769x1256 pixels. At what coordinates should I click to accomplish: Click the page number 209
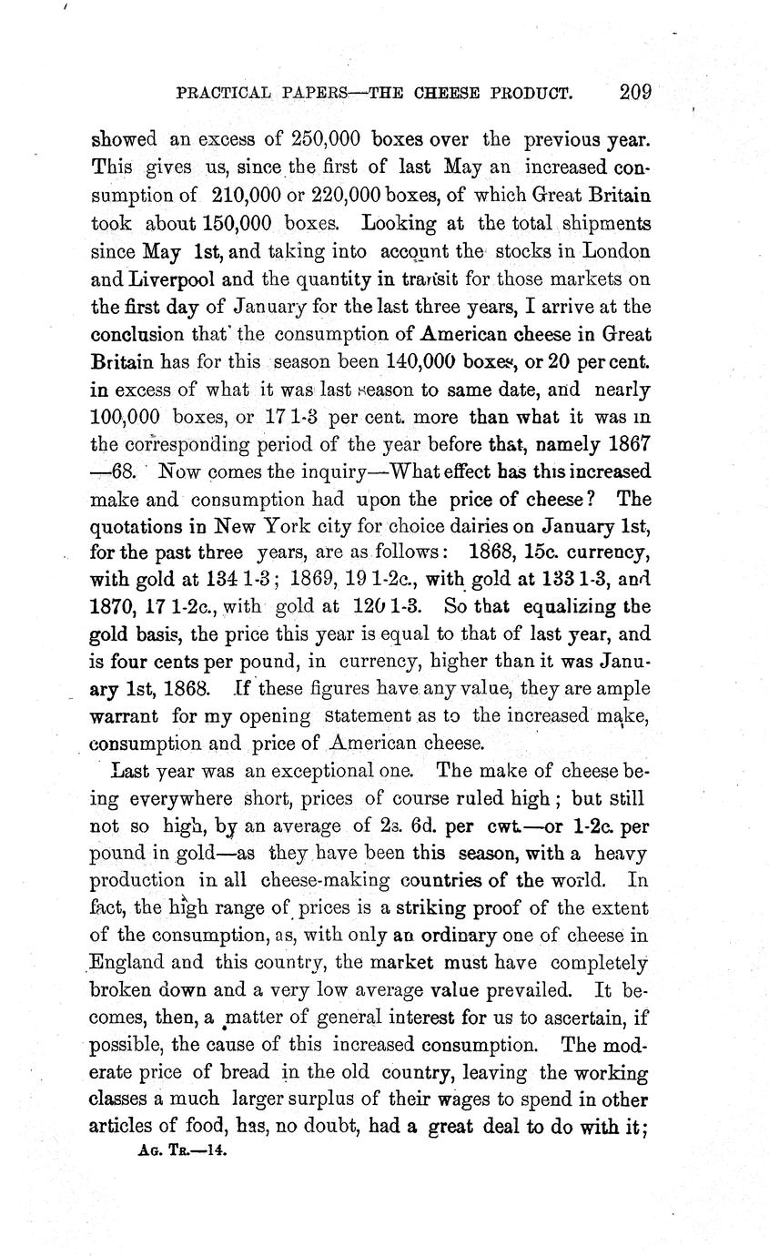635,92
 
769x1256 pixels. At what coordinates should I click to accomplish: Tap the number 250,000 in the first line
326,140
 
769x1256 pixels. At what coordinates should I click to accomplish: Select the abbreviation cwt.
505,826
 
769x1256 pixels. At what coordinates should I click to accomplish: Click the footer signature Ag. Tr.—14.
181,1150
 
